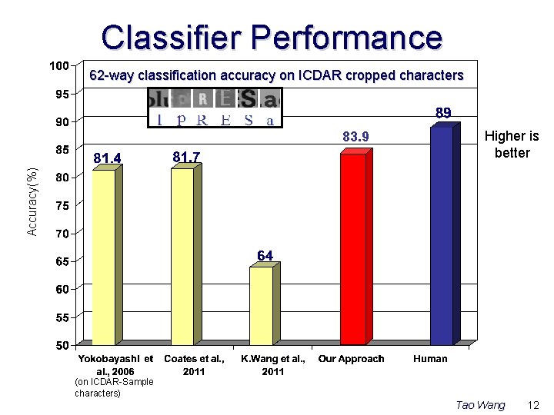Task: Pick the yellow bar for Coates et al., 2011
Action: point(182,257)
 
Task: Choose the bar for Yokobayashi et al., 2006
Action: point(103,257)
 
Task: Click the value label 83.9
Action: point(355,137)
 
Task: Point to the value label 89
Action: point(443,113)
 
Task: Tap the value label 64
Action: point(265,255)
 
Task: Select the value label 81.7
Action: point(186,157)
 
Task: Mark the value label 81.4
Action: point(107,158)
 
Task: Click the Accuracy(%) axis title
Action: point(32,201)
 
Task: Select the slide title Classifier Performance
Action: point(272,37)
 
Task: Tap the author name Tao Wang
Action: point(480,404)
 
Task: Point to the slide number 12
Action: point(534,404)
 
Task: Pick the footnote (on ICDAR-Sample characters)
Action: point(114,387)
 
